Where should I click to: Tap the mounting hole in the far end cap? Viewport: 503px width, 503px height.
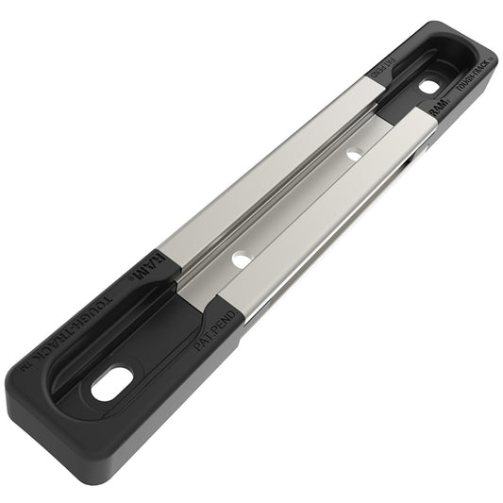(x=429, y=87)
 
